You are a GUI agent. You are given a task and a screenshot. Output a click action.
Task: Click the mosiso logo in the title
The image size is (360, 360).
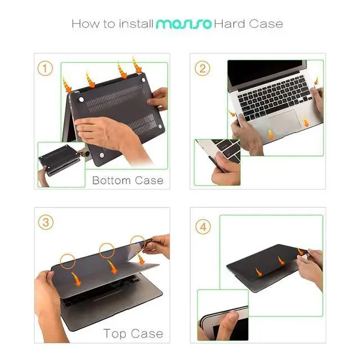(183, 24)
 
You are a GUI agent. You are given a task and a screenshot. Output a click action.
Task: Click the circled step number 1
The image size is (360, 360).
(46, 69)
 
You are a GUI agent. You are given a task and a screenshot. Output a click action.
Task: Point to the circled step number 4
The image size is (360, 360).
(203, 227)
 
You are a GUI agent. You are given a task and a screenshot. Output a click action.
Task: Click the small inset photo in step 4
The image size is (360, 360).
(223, 316)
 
